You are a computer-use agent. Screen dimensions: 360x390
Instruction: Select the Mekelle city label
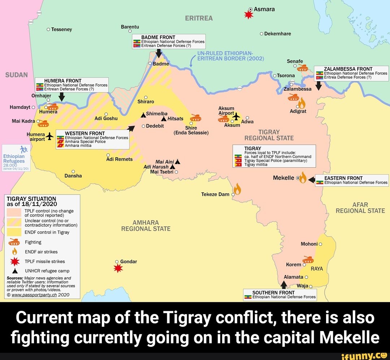tap(284, 178)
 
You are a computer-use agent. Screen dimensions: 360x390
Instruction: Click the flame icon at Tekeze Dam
tap(237, 189)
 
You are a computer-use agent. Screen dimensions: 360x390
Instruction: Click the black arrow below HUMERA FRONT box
tap(61, 96)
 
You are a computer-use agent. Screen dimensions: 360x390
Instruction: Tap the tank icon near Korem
tap(308, 259)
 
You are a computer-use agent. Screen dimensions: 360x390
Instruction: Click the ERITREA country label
tap(199, 18)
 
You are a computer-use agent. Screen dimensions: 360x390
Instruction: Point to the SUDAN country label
tap(17, 75)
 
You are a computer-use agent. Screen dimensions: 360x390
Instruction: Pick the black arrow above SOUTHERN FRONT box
tap(284, 285)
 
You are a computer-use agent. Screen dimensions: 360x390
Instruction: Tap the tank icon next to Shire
tap(196, 118)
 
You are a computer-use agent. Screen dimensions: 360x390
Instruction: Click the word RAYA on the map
tap(316, 269)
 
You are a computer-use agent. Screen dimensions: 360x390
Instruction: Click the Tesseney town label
tap(62, 29)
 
